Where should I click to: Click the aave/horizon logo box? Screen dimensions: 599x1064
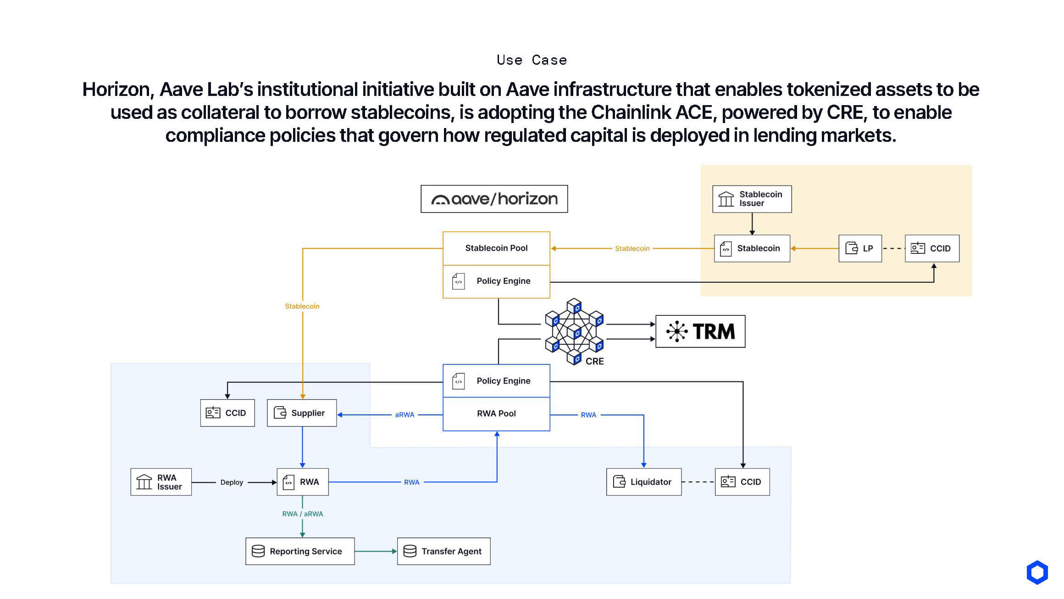[x=494, y=199]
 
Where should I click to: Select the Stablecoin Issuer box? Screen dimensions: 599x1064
[x=752, y=199]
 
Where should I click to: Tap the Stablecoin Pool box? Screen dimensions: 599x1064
[x=496, y=248]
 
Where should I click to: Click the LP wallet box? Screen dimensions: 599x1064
[x=860, y=248]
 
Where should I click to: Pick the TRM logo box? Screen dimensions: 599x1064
[x=700, y=331]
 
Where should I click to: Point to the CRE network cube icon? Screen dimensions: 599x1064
[x=574, y=331]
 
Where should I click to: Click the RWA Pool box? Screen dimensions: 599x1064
[x=496, y=414]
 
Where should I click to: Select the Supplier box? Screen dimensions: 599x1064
[x=302, y=413]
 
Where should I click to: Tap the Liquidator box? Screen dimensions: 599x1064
[x=643, y=482]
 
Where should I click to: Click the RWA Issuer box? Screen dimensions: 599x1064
[x=161, y=482]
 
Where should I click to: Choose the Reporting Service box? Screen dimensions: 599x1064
[x=300, y=551]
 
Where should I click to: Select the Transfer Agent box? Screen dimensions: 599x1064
[x=443, y=551]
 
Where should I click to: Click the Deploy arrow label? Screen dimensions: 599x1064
[x=232, y=482]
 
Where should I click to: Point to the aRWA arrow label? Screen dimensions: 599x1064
[x=405, y=415]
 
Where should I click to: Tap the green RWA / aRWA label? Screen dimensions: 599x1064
[x=303, y=514]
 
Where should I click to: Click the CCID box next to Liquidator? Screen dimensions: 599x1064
[x=742, y=482]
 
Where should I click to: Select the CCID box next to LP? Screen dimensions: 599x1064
[x=932, y=248]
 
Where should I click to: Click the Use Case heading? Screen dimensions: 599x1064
[x=532, y=60]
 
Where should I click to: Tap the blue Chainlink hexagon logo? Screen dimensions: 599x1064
[x=1037, y=572]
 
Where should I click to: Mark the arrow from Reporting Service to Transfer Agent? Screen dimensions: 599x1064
[x=376, y=551]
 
